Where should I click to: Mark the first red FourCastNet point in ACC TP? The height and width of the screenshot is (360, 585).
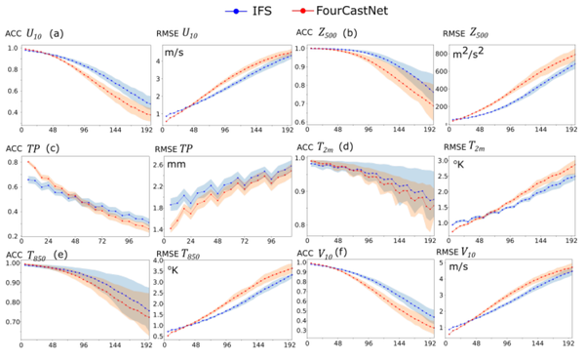pyautogui.click(x=31, y=162)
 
